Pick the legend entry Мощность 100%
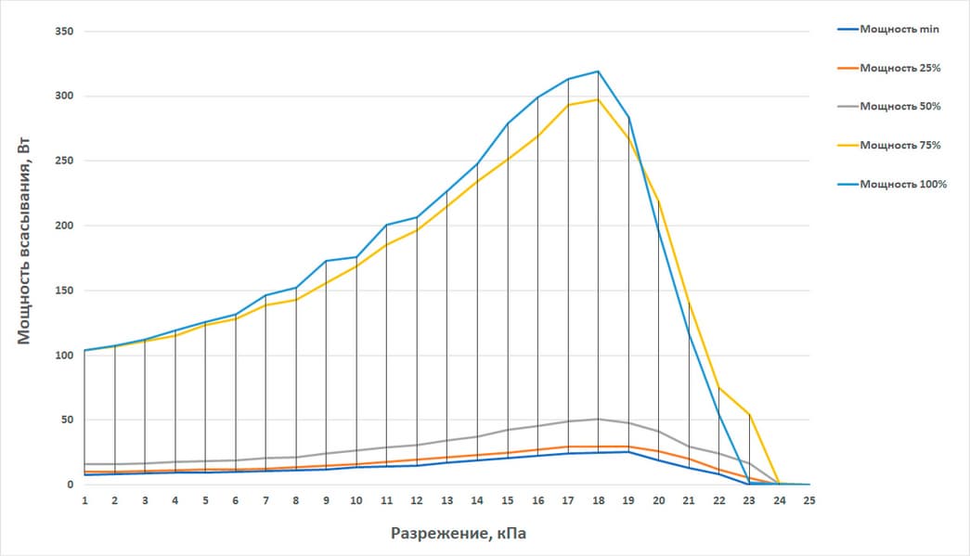(x=903, y=184)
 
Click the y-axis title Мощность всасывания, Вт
(x=25, y=258)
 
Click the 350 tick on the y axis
(x=64, y=32)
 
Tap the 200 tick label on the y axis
(x=64, y=226)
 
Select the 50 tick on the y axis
(x=67, y=420)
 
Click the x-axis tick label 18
(x=598, y=499)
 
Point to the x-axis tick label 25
(x=809, y=499)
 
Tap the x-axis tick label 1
(x=84, y=499)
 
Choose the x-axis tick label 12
(x=416, y=499)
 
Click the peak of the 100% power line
(x=598, y=71)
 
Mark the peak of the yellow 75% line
(x=598, y=99)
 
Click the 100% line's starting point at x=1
(x=84, y=350)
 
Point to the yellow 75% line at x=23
(x=749, y=415)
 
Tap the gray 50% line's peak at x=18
(x=598, y=419)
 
